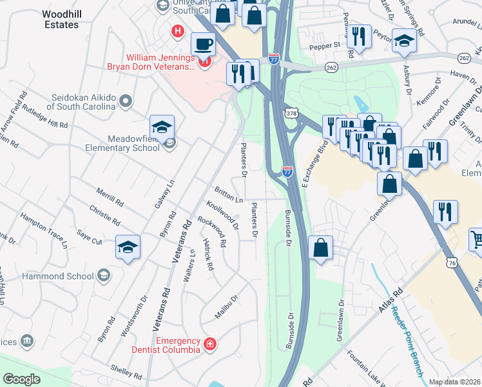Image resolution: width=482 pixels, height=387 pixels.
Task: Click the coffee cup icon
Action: [204, 45]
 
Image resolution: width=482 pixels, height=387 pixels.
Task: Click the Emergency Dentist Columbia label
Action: [177, 345]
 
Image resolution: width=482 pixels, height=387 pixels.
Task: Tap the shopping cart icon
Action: [476, 240]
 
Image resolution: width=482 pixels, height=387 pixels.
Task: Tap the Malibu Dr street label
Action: [227, 307]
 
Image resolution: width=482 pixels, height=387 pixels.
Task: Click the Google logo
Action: [21, 379]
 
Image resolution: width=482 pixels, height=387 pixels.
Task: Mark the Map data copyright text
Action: [454, 382]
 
